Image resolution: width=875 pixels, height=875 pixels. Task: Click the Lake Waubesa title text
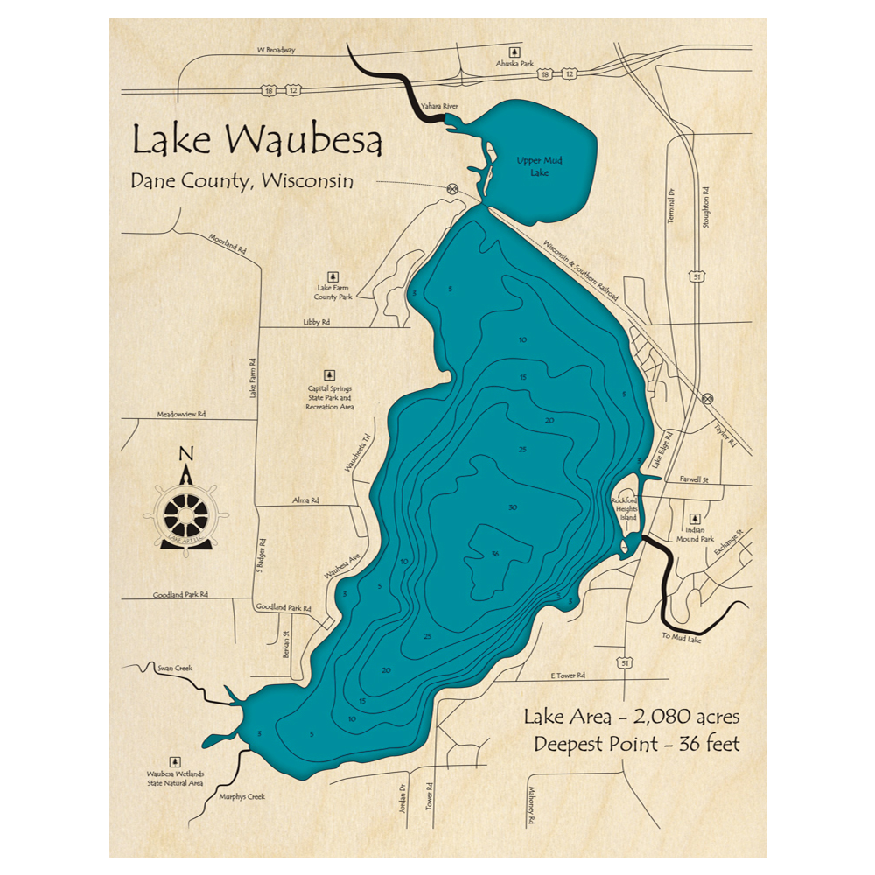click(x=256, y=140)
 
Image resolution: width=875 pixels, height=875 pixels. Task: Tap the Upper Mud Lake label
click(x=532, y=166)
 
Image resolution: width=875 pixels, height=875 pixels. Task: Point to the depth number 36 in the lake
click(x=495, y=554)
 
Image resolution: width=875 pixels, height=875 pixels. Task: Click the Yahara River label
click(x=439, y=107)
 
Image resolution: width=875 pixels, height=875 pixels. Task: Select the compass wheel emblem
click(x=185, y=514)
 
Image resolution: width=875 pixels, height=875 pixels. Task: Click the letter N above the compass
click(x=185, y=453)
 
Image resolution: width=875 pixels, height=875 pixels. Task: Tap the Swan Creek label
click(x=169, y=668)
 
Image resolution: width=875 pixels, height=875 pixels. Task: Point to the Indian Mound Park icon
click(x=696, y=518)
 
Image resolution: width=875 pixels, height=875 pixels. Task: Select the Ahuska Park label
click(x=514, y=63)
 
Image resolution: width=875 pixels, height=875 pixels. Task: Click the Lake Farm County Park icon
click(x=333, y=275)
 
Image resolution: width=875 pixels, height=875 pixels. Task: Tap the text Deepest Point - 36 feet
click(x=637, y=745)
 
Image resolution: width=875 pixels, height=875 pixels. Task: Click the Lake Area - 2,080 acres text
click(x=632, y=717)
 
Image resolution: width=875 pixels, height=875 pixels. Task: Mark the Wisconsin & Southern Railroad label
click(x=581, y=270)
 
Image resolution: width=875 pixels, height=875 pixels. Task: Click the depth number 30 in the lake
click(x=513, y=507)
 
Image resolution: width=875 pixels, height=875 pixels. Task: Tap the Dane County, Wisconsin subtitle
click(x=241, y=181)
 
